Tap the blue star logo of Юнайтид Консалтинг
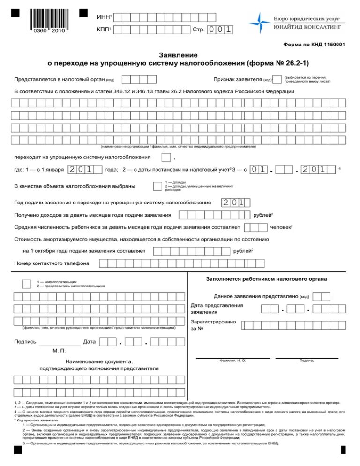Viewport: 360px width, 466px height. (x=258, y=22)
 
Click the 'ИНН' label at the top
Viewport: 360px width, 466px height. (x=103, y=17)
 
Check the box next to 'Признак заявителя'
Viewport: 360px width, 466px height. (x=277, y=79)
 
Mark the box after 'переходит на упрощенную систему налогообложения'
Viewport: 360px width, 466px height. (x=166, y=157)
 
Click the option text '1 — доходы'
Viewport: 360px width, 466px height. (x=176, y=182)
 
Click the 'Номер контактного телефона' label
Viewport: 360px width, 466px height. (x=52, y=263)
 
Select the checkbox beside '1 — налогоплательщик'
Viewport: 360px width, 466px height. (x=27, y=283)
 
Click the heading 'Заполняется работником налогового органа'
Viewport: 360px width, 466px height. (x=267, y=279)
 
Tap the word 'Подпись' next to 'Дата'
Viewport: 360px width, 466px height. (x=25, y=342)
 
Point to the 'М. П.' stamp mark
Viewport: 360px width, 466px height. (x=60, y=351)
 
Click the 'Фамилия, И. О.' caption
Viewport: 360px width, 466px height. (x=232, y=360)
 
